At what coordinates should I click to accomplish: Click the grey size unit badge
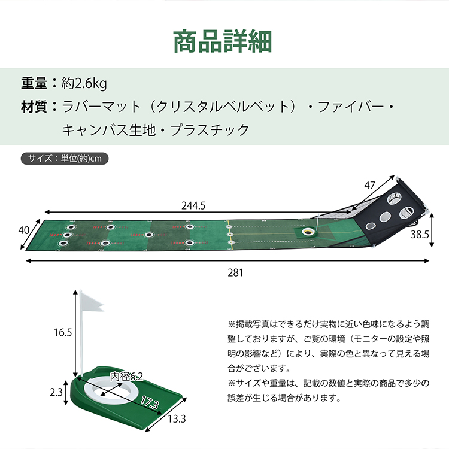(x=65, y=159)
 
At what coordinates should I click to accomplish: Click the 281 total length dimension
(x=235, y=272)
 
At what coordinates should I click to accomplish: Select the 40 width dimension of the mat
(x=25, y=230)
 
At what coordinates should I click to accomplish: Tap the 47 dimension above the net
(x=369, y=185)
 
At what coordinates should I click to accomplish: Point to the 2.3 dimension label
(x=56, y=392)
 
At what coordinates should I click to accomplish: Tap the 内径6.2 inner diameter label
(x=127, y=376)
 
